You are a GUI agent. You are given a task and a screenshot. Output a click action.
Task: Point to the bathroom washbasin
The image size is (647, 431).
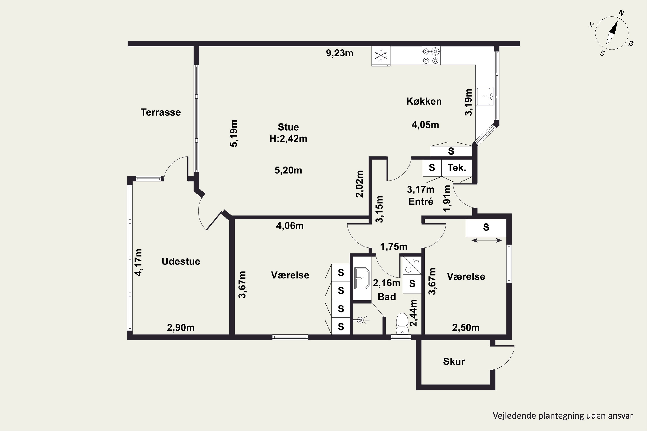pos(362,278)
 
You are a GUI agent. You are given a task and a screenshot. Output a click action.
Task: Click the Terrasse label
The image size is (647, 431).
pos(161,112)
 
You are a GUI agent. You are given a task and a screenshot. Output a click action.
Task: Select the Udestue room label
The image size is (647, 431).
pos(181,261)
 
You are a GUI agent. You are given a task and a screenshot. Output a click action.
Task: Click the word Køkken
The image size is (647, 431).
pos(424,101)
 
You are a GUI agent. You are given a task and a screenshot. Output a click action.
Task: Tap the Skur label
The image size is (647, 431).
pos(454,361)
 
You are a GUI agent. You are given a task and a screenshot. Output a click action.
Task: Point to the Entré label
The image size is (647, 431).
pos(421,201)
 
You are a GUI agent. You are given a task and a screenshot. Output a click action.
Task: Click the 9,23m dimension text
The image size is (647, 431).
pos(340,53)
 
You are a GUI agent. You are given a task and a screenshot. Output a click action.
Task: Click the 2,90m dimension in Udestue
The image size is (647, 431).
pos(181,327)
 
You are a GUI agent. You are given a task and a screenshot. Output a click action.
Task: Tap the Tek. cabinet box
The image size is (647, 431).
pos(457,168)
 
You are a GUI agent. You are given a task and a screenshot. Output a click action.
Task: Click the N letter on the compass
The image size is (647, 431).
pos(621,13)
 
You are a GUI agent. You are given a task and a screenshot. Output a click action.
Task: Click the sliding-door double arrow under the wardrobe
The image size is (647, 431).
pos(487,240)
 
